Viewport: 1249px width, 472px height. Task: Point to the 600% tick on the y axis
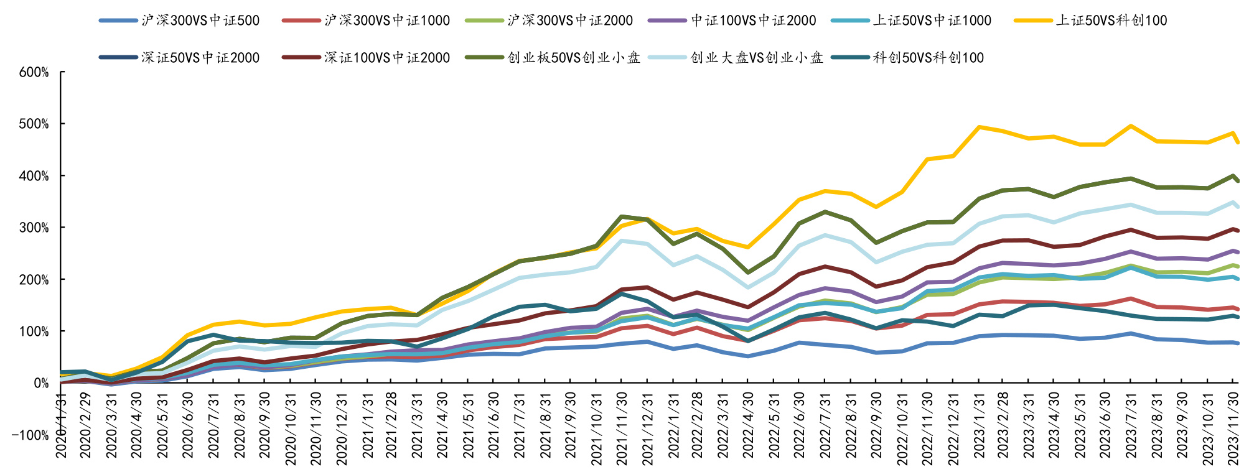34,72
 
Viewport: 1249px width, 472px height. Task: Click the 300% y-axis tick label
34,228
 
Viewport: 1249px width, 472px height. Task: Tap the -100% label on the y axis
30,435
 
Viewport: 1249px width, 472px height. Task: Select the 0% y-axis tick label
41,383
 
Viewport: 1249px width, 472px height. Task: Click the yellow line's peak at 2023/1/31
980,127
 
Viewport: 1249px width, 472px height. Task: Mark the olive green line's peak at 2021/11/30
622,216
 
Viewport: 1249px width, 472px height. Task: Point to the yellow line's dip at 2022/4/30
749,248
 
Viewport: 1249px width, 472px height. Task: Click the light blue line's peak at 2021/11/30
622,241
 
